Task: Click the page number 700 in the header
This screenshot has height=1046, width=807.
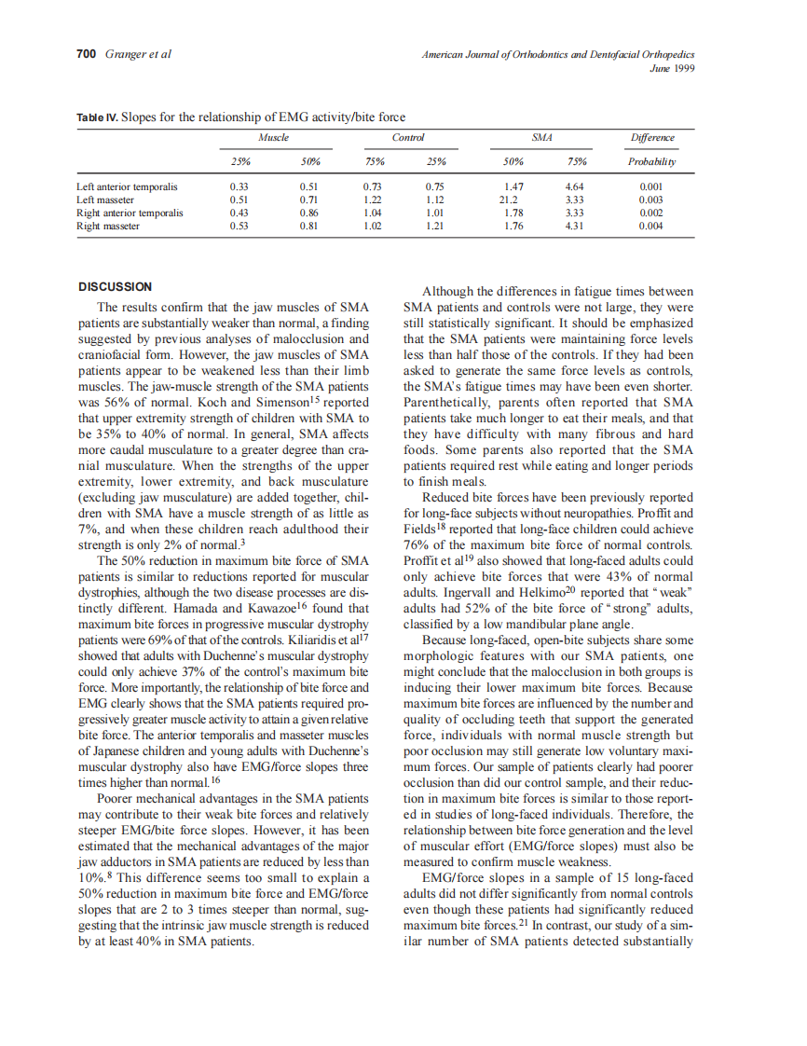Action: point(86,53)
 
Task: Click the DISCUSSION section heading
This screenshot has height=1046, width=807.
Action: point(116,286)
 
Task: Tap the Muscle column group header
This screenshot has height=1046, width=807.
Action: point(273,138)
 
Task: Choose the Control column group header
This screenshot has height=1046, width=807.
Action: point(408,138)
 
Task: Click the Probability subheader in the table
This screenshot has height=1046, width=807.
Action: point(651,161)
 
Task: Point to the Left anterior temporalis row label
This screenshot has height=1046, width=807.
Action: point(127,186)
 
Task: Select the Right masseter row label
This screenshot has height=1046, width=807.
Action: point(109,226)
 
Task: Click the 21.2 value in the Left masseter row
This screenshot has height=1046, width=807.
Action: point(509,200)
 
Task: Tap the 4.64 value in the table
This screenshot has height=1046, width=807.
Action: point(574,186)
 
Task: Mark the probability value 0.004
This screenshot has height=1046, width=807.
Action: point(651,226)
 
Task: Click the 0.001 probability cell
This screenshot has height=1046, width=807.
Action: point(651,186)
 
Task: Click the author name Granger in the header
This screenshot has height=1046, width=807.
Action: point(125,53)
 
